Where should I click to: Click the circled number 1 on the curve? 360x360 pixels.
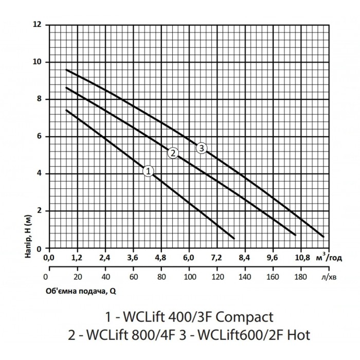[148, 171]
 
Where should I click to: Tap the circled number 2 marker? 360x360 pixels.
[173, 153]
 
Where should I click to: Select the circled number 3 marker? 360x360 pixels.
[202, 148]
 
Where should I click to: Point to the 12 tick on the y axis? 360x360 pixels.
[38, 24]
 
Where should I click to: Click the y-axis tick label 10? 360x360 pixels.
[37, 62]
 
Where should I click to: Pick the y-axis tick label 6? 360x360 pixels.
[40, 136]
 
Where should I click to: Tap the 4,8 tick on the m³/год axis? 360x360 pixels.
[160, 258]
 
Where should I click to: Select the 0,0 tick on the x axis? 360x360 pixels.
[49, 258]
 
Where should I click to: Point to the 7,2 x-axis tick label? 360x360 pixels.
[217, 258]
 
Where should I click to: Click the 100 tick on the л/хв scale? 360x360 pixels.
[190, 277]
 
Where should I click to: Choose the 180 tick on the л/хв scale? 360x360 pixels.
[300, 277]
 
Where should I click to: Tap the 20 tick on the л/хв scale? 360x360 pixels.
[78, 277]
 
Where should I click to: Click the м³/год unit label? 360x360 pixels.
[329, 257]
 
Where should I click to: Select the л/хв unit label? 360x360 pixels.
[329, 277]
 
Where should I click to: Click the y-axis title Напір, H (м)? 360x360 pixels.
[28, 236]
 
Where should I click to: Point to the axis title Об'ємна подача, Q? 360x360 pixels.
[81, 292]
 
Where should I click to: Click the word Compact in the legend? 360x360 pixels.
[245, 317]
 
